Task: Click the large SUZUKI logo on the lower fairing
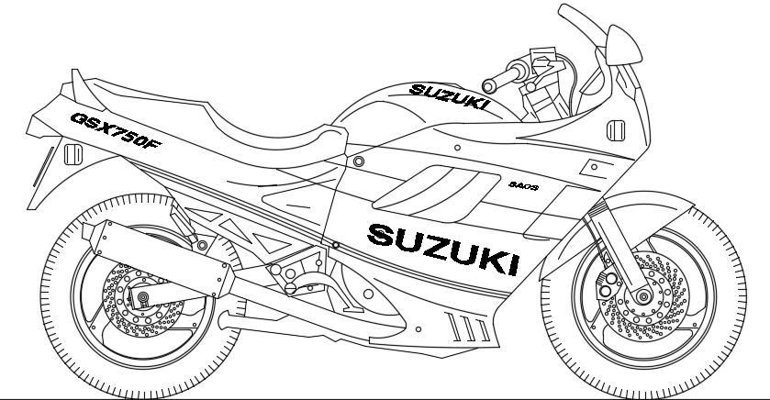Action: click(441, 247)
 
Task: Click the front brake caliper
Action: click(606, 280)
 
